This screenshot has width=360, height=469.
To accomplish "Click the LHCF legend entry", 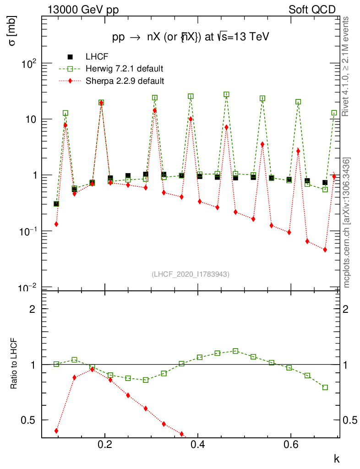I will (97, 57).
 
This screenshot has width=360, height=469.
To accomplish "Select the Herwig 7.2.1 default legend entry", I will (124, 69).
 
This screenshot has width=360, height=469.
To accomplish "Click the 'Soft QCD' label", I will (312, 10).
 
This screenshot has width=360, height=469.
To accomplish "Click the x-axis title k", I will (336, 458).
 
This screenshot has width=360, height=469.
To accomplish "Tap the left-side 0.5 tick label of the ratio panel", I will (29, 420).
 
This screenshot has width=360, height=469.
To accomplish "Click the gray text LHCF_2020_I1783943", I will (190, 274).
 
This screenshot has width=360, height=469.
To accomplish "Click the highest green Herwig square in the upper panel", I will (226, 94).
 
